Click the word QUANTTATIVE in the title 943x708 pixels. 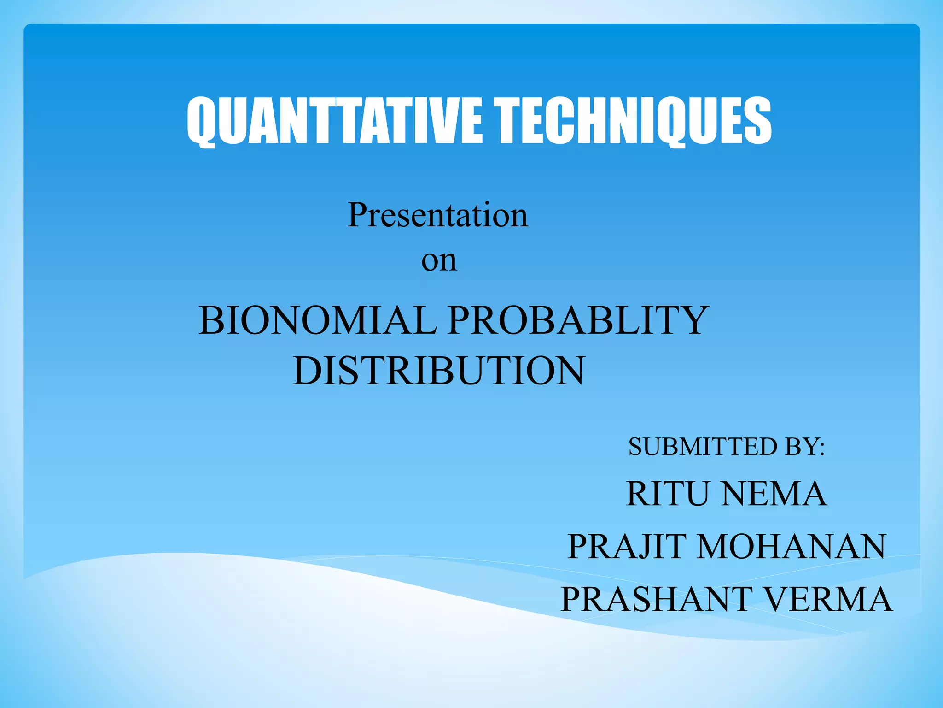tap(334, 121)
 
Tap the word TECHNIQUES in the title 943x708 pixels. tap(633, 121)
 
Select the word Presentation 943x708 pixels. tap(437, 215)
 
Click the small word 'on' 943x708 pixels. tap(439, 261)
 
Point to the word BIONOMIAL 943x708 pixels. tap(318, 320)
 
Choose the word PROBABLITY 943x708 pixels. tap(578, 320)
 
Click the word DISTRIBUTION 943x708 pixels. tap(439, 371)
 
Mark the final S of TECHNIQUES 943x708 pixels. tap(758, 121)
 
